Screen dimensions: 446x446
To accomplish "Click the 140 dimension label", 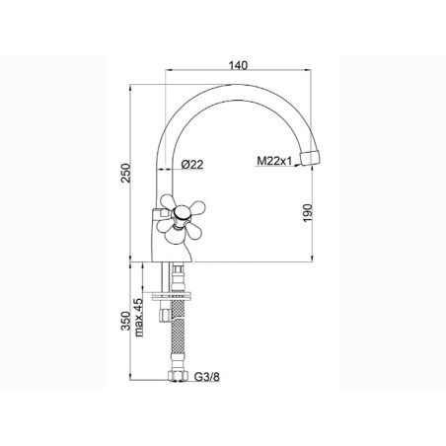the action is pos(238,65).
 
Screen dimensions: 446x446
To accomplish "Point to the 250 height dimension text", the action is pos(126,173).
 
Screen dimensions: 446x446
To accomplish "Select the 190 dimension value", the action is pos(307,213).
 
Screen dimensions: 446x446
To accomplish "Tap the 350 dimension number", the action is pos(126,321).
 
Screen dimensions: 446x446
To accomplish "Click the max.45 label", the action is pos(139,318).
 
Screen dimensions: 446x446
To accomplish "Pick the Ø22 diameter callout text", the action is pos(192,164).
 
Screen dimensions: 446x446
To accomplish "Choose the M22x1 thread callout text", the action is pos(274,161).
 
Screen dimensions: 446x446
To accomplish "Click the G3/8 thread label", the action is pos(207,377).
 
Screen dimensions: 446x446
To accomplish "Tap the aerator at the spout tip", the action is pos(310,158).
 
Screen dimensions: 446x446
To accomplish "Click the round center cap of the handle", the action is pos(180,214).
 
